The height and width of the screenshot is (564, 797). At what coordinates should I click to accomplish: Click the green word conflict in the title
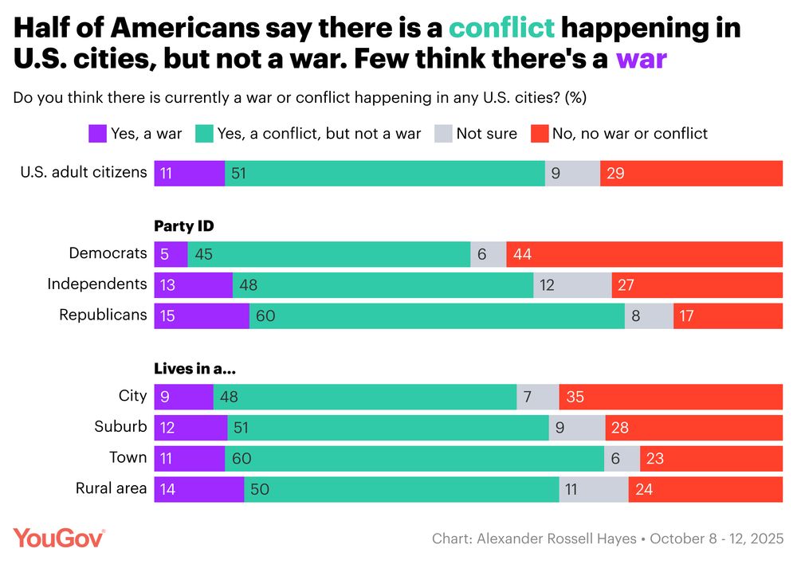(501, 28)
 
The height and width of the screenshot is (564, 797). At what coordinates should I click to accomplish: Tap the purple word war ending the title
(641, 58)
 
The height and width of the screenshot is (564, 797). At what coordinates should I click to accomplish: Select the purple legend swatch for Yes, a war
(96, 134)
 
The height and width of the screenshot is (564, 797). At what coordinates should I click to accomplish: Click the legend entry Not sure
(486, 134)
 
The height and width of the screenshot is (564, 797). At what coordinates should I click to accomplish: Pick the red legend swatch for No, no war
(540, 134)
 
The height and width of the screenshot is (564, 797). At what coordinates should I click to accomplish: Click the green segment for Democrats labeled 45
(328, 254)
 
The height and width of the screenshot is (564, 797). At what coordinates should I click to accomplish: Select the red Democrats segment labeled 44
(644, 254)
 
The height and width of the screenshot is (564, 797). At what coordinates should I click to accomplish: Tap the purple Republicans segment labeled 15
(201, 315)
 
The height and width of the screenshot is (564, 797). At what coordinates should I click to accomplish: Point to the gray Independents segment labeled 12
(571, 284)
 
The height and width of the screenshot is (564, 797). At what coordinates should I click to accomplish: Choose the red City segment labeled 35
(670, 397)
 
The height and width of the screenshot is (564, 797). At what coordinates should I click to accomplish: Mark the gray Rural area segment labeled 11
(593, 489)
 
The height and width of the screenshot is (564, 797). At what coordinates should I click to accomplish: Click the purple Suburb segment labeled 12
(190, 428)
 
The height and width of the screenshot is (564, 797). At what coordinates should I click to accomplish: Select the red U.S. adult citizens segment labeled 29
(691, 173)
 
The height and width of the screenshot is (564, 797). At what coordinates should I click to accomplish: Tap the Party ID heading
(183, 226)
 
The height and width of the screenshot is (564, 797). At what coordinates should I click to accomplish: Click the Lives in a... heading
(194, 369)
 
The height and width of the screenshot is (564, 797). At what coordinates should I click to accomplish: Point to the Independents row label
(97, 284)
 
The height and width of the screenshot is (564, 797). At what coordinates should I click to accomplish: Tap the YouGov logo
(59, 538)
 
